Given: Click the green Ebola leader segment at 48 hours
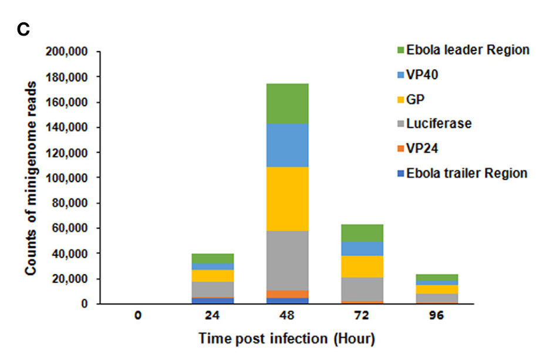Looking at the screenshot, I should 288,103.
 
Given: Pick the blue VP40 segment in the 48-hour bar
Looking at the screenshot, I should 288,145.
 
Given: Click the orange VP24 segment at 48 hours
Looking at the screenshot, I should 288,294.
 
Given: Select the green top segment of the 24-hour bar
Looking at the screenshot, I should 213,258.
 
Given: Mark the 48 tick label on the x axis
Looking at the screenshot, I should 288,315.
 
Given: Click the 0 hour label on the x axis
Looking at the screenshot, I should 137,315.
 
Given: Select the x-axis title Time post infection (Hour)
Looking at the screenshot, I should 287,339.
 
